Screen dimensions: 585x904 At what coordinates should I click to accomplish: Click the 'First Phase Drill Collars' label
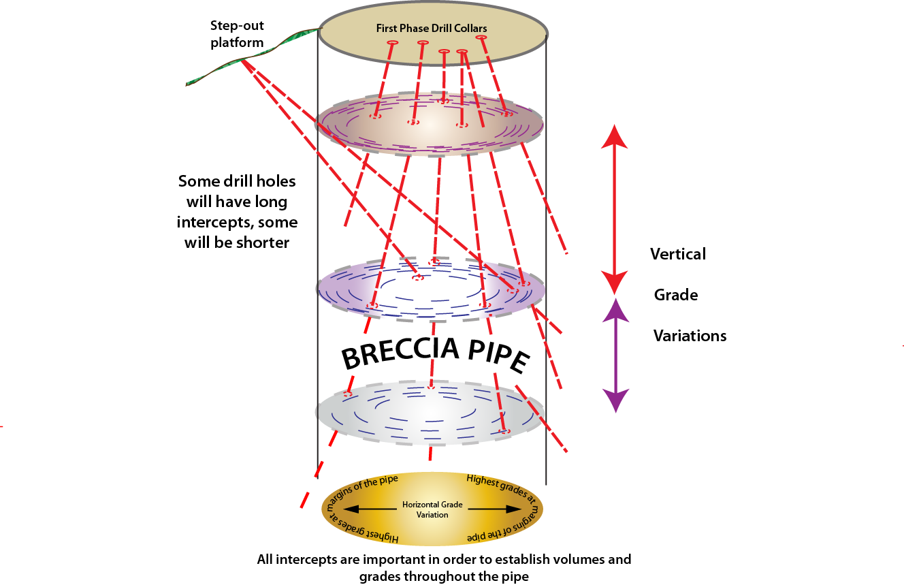tap(432, 29)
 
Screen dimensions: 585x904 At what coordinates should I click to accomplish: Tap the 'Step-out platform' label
tap(237, 34)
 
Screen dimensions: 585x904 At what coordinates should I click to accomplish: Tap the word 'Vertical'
tap(678, 254)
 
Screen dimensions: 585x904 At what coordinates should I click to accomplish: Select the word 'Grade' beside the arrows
tap(676, 295)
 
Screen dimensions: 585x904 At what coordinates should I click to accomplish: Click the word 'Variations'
tap(690, 336)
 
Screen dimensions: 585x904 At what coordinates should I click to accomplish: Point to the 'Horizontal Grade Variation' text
tap(432, 509)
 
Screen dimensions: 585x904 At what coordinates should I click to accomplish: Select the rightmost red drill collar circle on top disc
tap(482, 37)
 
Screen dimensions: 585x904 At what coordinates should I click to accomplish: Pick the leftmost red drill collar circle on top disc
tap(392, 43)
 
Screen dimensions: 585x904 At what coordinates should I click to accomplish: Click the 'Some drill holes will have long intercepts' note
tap(237, 212)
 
